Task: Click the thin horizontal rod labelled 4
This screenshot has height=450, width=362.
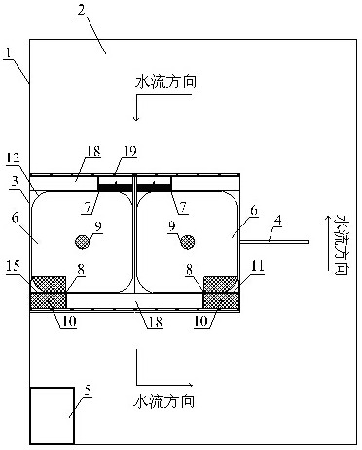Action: pyautogui.click(x=271, y=241)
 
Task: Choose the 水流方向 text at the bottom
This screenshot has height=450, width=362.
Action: pyautogui.click(x=167, y=399)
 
